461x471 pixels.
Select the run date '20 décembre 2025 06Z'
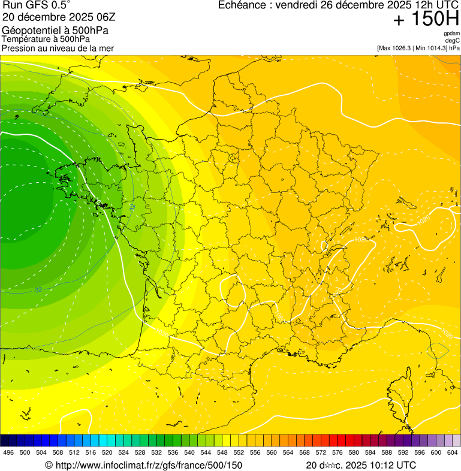59,17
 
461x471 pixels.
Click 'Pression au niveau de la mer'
58,48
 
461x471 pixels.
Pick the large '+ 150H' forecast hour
426,20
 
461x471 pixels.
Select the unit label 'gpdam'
451,34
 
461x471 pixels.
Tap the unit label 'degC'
453,40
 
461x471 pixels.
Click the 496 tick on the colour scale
8,453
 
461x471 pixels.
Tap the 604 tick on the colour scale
452,453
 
